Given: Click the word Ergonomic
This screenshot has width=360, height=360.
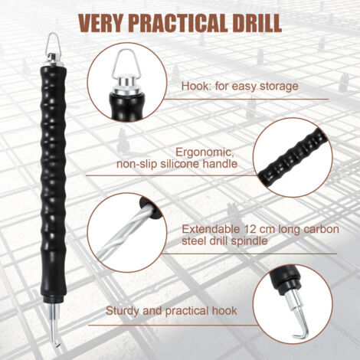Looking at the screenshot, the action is coord(203,153).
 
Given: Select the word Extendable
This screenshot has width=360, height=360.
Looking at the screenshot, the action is coord(211,229).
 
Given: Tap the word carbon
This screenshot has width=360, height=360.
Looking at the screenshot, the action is coord(322,229).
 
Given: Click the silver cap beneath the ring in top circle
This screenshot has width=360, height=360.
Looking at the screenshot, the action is coord(126,86).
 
